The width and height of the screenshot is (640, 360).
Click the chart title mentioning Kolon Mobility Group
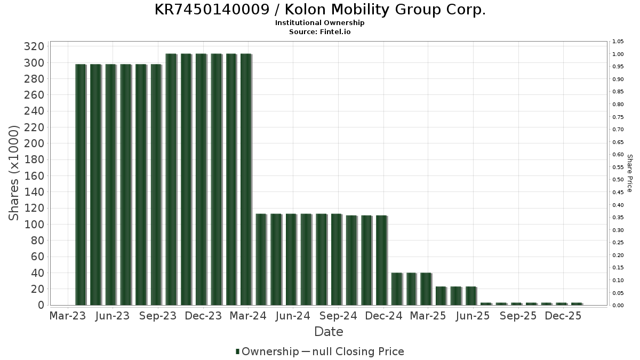320,10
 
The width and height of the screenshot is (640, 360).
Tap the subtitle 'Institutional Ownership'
320,23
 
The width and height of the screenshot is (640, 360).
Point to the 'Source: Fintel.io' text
320,31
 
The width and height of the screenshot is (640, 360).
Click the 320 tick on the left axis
34,46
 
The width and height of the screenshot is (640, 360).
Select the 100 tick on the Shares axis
34,225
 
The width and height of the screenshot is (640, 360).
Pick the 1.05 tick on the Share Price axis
618,42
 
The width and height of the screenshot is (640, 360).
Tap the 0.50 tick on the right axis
618,180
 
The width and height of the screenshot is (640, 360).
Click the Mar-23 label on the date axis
67,316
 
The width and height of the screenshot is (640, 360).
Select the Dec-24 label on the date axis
384,316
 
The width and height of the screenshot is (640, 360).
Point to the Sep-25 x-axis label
518,316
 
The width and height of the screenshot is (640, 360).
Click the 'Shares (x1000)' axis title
14,173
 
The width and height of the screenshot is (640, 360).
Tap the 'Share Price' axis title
630,173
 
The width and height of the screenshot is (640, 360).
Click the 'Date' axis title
329,332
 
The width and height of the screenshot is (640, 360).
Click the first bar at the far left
81,185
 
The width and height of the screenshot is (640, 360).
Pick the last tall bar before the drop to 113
246,179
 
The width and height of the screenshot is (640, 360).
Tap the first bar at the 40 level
396,289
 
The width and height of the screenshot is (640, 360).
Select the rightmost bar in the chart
577,304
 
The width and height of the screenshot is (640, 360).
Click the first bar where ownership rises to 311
171,179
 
